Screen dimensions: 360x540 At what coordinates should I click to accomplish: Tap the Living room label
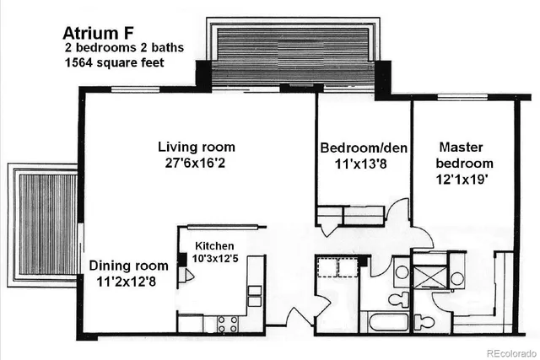(197, 148)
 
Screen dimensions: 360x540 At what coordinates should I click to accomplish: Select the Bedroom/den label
(364, 148)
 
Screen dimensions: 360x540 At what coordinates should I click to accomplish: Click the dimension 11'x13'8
(363, 164)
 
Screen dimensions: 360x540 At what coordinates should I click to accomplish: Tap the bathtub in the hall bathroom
(384, 323)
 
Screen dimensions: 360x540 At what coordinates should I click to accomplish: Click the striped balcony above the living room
(292, 55)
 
